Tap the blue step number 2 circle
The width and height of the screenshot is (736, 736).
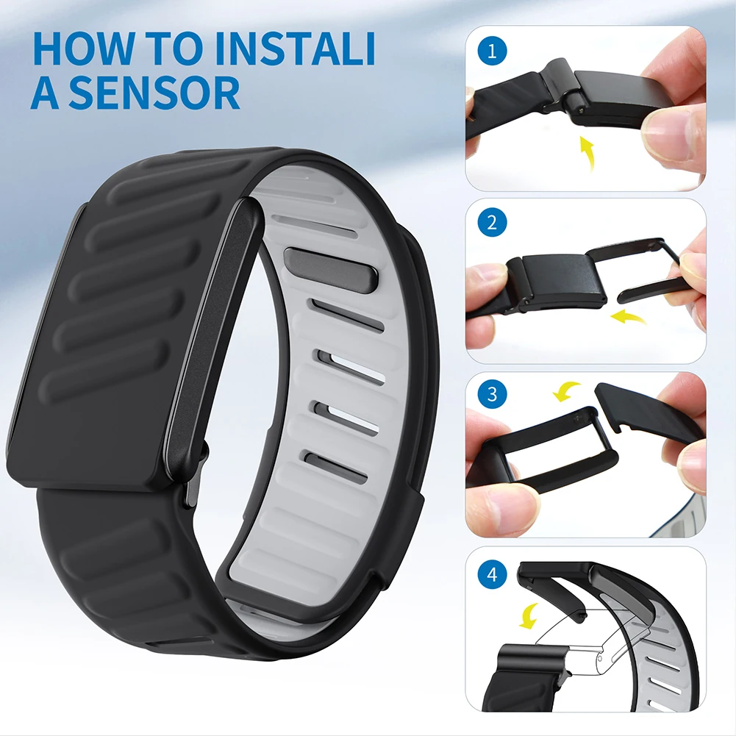pyautogui.click(x=492, y=223)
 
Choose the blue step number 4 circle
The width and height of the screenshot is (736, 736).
pyautogui.click(x=492, y=574)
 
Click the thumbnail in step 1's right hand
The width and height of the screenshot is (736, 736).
pyautogui.click(x=665, y=132)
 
